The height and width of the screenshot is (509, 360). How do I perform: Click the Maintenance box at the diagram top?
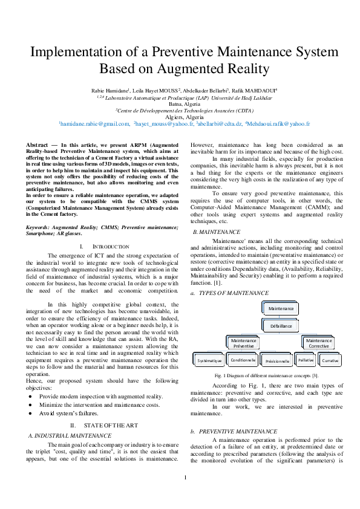280,308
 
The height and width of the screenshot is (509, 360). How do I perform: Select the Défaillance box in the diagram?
280,325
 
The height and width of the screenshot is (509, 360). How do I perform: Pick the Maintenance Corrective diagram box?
319,343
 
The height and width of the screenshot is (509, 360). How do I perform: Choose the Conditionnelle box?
243,360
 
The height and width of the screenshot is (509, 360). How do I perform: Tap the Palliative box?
306,360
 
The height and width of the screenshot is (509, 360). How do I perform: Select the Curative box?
330,360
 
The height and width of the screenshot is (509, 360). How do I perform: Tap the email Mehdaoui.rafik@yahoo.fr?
278,123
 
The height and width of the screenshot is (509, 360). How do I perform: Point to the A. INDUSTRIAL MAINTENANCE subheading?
70,435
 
